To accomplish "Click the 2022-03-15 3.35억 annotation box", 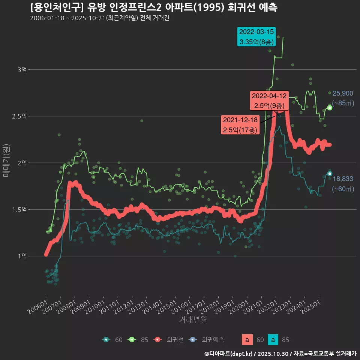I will (x=256, y=37).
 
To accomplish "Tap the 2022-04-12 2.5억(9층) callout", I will (x=269, y=101).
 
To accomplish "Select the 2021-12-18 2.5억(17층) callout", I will (x=240, y=125).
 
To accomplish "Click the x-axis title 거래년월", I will (x=193, y=319).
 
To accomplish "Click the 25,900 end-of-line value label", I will (x=343, y=93).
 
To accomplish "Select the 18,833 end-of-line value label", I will (x=343, y=179).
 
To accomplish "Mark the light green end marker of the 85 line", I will (x=330, y=108).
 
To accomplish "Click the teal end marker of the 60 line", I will (x=329, y=174).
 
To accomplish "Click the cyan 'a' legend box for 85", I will (x=273, y=340).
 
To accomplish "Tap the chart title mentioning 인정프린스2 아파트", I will (x=154, y=7).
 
